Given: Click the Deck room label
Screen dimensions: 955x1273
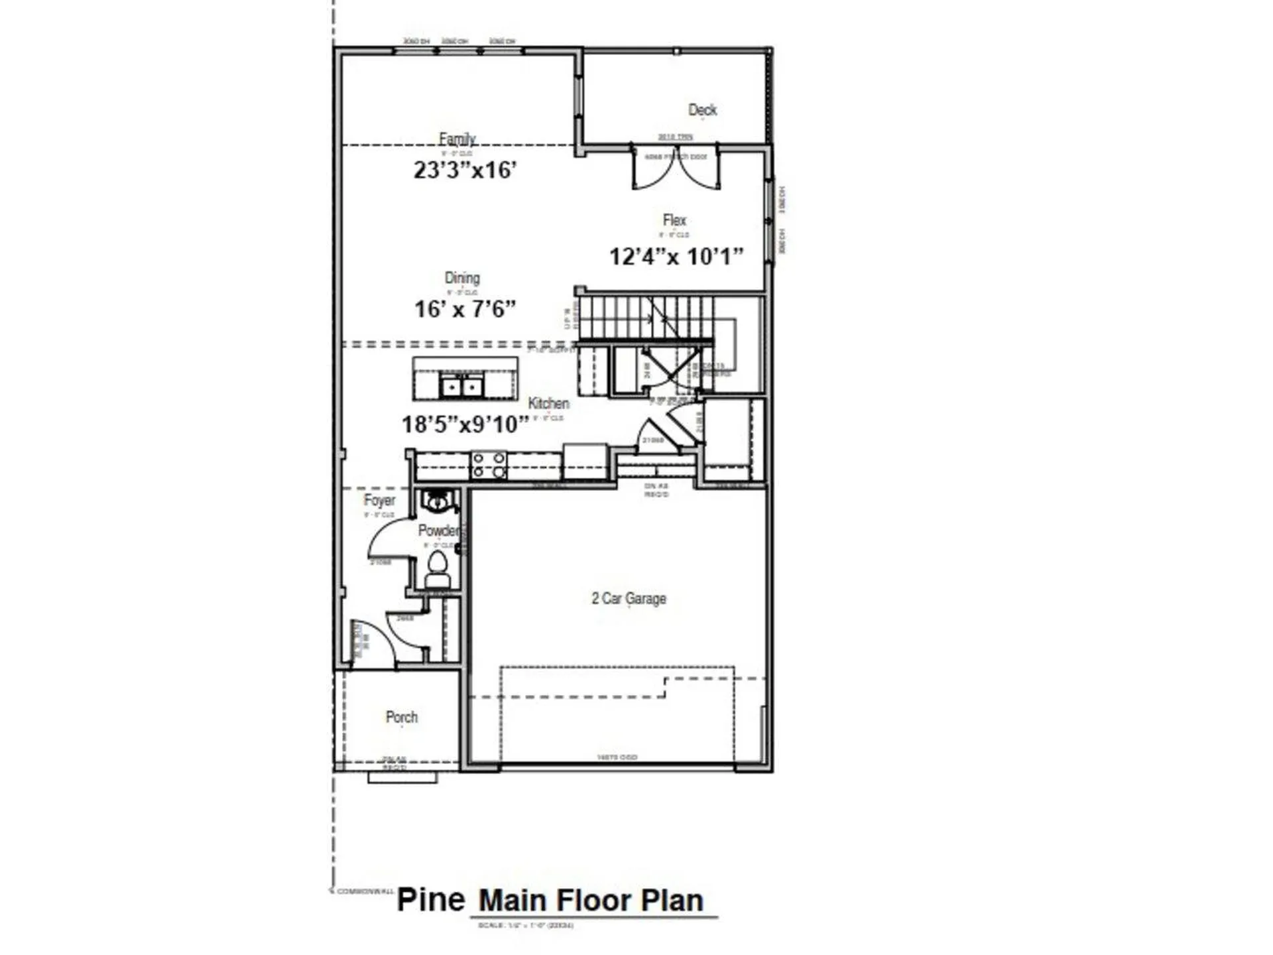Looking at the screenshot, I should (x=702, y=110).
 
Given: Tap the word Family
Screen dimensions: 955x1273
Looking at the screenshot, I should (x=457, y=139).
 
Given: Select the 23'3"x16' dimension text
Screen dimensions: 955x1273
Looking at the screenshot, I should (x=465, y=170).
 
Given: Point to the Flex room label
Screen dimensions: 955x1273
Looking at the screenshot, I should (x=674, y=220).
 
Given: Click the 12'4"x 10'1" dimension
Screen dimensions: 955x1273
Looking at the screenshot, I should (x=676, y=257).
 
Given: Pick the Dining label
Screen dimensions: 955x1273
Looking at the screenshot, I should (x=462, y=279).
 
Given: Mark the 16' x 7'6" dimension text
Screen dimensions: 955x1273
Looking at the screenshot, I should (x=465, y=309).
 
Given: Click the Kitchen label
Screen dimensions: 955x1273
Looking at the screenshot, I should (x=548, y=403).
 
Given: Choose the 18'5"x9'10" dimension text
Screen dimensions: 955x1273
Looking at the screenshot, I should (x=465, y=424).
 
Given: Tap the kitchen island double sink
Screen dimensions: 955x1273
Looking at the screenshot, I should (x=461, y=385).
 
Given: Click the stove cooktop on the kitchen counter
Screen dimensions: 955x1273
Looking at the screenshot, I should (x=489, y=465).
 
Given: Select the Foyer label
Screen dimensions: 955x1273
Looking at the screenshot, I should (x=379, y=501).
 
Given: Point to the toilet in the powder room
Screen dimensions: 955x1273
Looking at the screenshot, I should (x=436, y=566).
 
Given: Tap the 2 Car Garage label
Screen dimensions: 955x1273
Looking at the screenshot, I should (x=629, y=599).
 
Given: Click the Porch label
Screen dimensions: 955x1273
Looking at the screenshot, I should (x=402, y=718).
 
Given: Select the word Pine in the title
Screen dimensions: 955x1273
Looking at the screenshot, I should (x=431, y=900).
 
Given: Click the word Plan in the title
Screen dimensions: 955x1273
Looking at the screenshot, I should (x=672, y=901).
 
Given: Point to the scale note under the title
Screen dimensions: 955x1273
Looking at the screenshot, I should (x=525, y=925).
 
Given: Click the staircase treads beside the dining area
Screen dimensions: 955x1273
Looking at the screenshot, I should (x=643, y=317).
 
